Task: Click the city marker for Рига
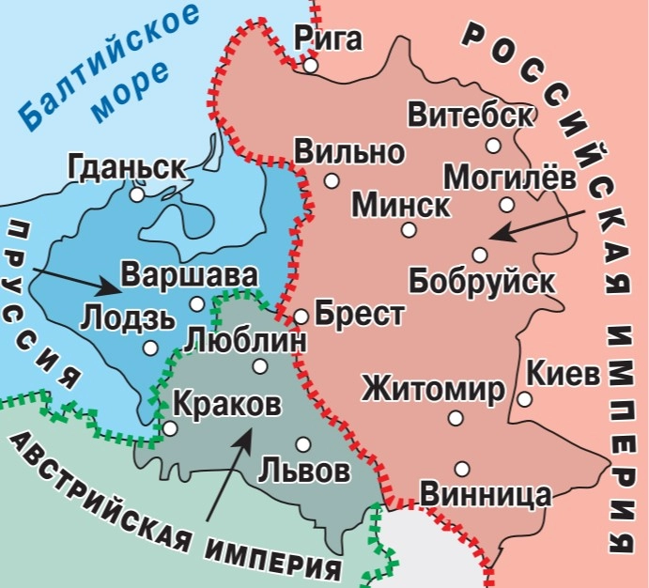[x=310, y=66]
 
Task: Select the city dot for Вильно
[x=331, y=179]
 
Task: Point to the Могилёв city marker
[x=506, y=204]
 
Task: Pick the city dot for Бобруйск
[x=480, y=255]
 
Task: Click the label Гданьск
[x=126, y=168]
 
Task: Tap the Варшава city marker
[x=196, y=303]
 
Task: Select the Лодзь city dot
[x=150, y=347]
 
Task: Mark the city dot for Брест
[x=301, y=317]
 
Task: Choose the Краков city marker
[x=170, y=428]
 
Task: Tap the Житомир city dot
[x=456, y=418]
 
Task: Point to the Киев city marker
[x=524, y=399]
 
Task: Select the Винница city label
[x=485, y=494]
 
